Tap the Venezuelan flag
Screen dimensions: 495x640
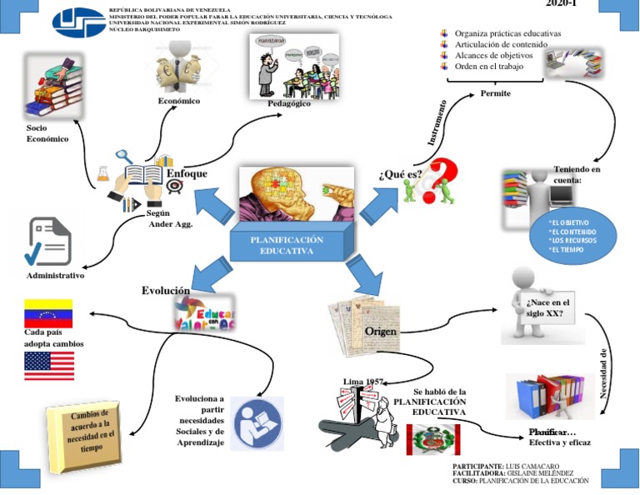tap(47, 313)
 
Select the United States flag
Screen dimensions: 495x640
tap(48, 365)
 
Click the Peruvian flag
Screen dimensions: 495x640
tap(432, 439)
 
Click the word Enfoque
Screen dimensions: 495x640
tap(187, 173)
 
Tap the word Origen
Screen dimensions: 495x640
tap(380, 332)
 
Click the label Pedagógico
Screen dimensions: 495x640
tap(289, 103)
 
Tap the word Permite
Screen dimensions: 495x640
tap(495, 93)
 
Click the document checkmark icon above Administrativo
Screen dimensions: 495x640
tap(49, 241)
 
